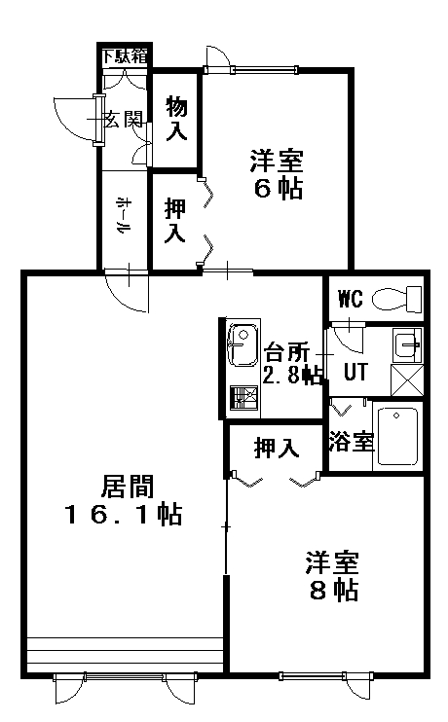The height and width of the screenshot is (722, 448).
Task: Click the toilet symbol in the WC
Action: tap(396, 299)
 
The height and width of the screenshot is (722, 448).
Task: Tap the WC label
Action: tap(351, 299)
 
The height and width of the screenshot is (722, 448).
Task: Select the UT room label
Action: tap(355, 372)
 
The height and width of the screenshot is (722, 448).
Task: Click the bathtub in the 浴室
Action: tap(398, 437)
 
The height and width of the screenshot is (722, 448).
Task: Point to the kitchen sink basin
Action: tap(243, 345)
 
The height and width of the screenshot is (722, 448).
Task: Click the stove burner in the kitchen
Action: tap(243, 397)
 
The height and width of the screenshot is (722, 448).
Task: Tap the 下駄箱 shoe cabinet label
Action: tap(125, 56)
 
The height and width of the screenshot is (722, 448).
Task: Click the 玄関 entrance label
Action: tap(124, 120)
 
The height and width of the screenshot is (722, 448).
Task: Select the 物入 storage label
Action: tap(176, 118)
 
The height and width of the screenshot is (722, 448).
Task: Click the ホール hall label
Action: tap(123, 215)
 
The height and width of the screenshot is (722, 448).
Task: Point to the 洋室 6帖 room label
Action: tap(277, 174)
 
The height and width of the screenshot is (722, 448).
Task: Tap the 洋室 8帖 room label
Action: tap(333, 576)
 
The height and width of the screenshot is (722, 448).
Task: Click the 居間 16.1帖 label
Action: tap(124, 499)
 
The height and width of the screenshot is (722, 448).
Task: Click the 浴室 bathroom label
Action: tap(352, 442)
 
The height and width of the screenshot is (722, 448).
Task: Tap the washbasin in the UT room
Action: tap(407, 344)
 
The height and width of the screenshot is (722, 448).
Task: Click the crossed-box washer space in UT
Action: tap(407, 379)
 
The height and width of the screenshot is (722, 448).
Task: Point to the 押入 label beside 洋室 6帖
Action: tap(175, 220)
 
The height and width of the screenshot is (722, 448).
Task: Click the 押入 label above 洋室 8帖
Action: tap(277, 448)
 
